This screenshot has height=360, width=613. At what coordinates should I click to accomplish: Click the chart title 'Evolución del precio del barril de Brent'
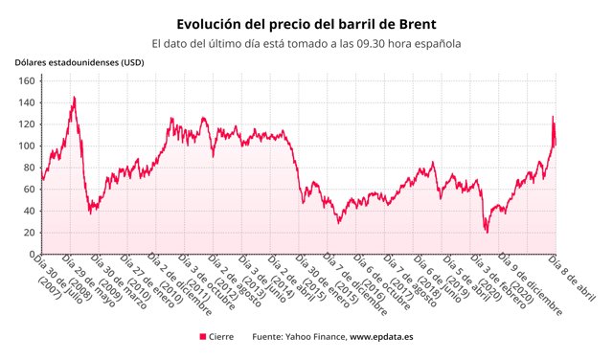[x=306, y=23]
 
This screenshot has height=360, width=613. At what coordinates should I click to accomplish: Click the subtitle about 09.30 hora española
[x=306, y=43]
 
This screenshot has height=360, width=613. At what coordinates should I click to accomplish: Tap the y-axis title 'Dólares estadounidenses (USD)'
[x=79, y=63]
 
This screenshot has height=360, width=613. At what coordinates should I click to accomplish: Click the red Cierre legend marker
[x=203, y=337]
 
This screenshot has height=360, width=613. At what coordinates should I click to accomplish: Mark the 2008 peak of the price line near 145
[x=75, y=97]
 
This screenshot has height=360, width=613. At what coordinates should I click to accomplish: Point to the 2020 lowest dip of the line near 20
[x=487, y=232]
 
